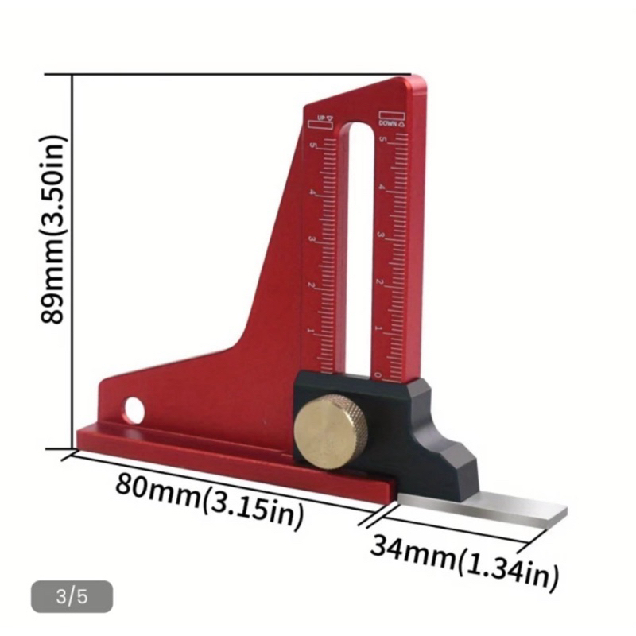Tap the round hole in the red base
tap(134, 410)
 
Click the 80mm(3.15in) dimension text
tap(209, 499)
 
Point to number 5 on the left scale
tap(314, 145)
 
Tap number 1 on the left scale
tap(310, 330)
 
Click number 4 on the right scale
tap(382, 188)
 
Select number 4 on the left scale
tap(313, 193)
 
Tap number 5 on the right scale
tap(384, 140)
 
